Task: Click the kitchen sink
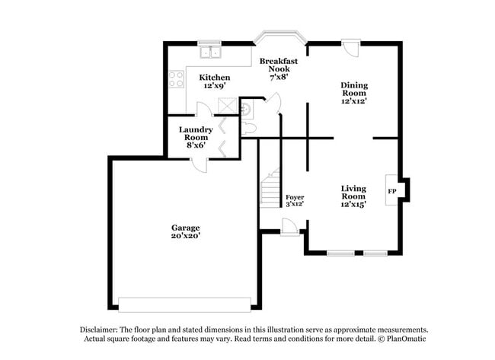tap(209, 53)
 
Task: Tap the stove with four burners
tap(176, 79)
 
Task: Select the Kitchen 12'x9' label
tap(215, 81)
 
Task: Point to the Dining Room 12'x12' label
tap(354, 92)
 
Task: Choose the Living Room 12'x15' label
tap(353, 196)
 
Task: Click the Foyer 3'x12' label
tap(295, 200)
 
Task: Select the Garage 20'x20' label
tap(185, 231)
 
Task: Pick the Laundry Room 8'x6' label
tap(196, 136)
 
